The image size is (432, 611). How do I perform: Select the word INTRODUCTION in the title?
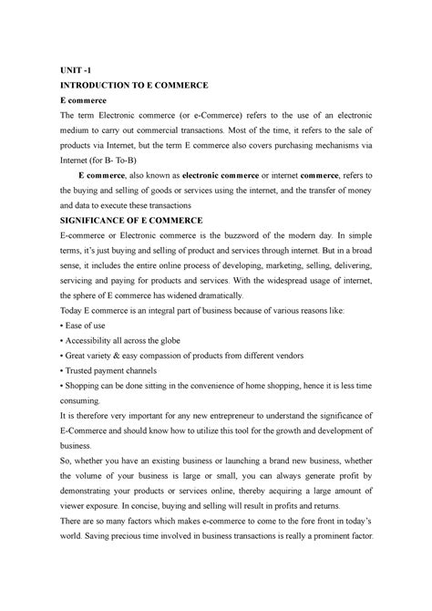(102, 84)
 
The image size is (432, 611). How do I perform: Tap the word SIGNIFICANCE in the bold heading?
(98, 221)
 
